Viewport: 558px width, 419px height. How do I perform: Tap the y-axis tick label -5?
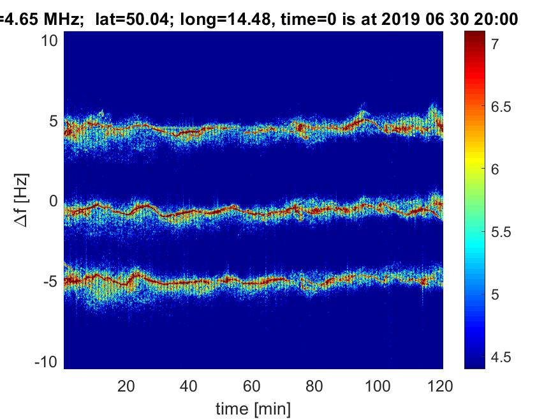click(52, 281)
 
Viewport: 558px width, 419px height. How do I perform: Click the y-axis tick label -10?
click(48, 362)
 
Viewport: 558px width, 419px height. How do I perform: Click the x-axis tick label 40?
click(189, 386)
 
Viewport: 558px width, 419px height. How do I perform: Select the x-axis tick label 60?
click(252, 386)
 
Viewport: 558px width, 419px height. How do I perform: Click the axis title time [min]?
click(253, 408)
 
